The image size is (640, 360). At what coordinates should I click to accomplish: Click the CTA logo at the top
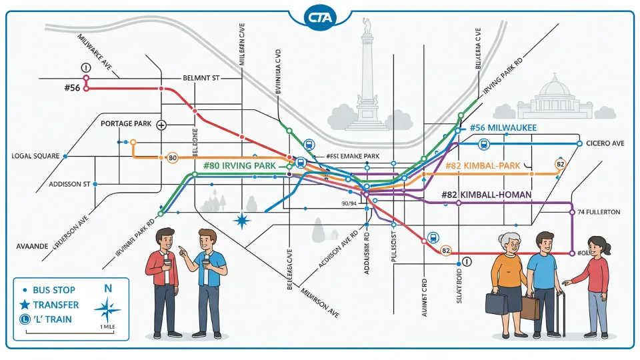[320, 17]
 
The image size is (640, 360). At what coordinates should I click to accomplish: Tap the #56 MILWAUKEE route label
[503, 128]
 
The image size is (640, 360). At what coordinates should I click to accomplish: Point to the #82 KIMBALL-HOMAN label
[486, 195]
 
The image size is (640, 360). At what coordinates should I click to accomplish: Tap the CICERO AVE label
[605, 143]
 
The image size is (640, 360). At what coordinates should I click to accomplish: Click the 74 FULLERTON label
[598, 212]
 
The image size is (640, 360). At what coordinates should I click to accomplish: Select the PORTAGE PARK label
[126, 124]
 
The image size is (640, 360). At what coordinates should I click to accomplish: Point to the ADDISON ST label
[69, 183]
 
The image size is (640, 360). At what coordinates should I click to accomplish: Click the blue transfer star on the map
[241, 221]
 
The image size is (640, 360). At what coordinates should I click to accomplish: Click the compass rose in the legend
[107, 308]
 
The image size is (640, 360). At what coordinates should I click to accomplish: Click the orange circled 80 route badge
[172, 158]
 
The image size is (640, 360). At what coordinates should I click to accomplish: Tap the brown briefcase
[531, 307]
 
